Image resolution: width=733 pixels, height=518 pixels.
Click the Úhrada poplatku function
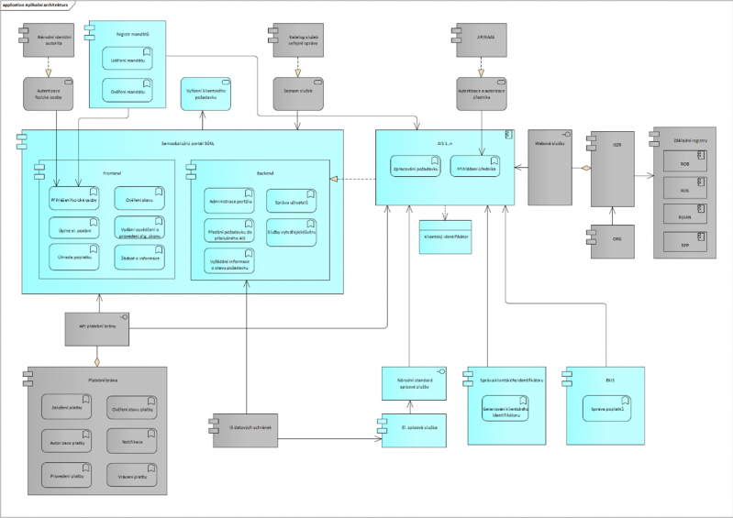[73, 258]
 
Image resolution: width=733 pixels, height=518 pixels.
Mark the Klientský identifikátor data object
[445, 236]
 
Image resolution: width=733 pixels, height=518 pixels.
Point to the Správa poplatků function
[605, 403]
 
